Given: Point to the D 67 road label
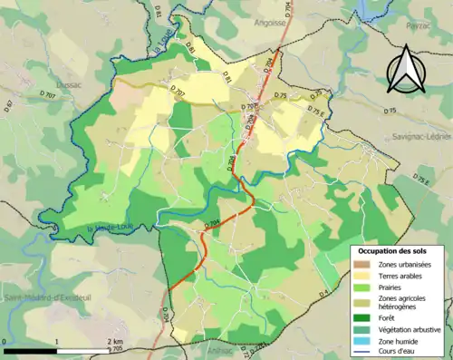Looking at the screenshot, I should (x=9, y=108).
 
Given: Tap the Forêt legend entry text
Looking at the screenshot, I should (x=390, y=316).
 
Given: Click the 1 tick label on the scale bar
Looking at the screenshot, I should (x=57, y=341).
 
